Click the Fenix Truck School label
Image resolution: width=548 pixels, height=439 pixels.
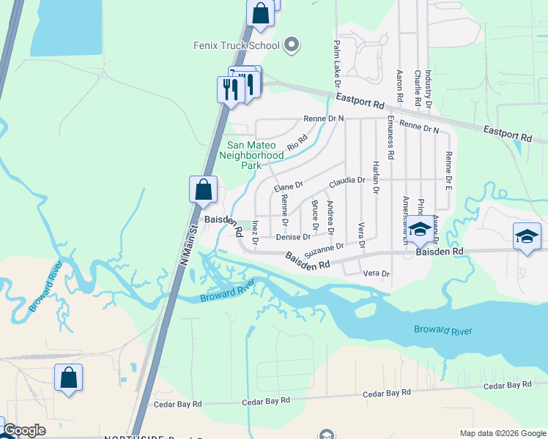point(237,45)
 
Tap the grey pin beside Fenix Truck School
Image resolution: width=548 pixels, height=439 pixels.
point(292,45)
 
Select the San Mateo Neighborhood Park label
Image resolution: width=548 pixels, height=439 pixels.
point(251,155)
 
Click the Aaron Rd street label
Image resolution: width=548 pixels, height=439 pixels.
point(399,86)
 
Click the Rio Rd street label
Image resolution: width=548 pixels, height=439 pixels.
point(297,142)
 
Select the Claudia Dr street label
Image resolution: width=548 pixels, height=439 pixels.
point(347,180)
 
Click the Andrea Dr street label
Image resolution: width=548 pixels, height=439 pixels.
point(330,217)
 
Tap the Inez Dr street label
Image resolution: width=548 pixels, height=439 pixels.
point(255,231)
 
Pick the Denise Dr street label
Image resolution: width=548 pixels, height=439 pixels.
point(293,237)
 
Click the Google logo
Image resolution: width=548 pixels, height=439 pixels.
point(25,430)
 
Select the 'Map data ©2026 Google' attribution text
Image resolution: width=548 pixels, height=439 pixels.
point(503,433)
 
